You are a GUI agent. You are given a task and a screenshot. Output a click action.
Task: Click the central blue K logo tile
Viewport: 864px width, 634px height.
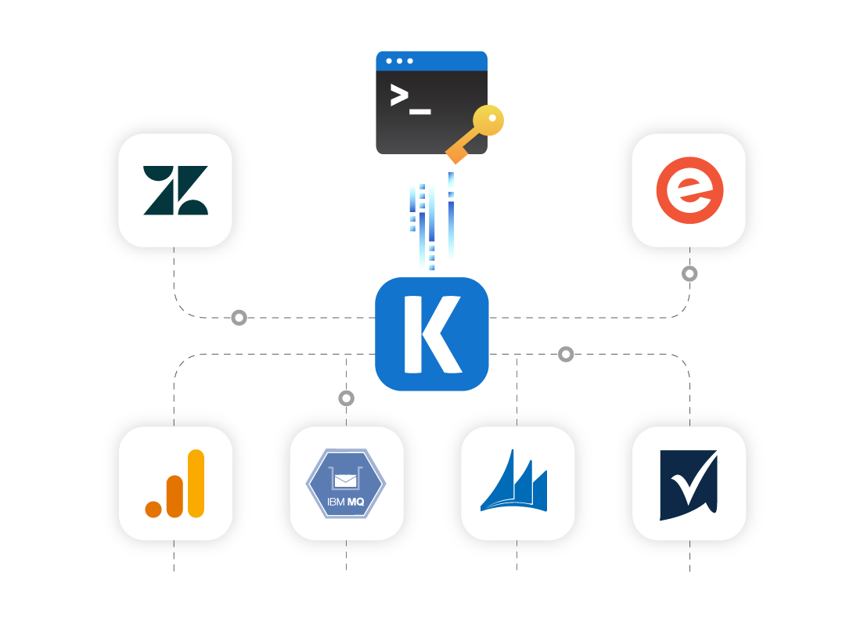[x=431, y=333]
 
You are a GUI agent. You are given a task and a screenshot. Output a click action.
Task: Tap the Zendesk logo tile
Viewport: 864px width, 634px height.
[x=175, y=190]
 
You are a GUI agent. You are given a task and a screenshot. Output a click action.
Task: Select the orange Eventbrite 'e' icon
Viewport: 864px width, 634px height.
[x=689, y=190]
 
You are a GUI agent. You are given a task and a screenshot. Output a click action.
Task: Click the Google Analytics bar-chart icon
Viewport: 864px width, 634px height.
[x=175, y=484]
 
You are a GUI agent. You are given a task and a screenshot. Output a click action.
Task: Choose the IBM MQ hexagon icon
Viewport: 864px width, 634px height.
[x=347, y=484]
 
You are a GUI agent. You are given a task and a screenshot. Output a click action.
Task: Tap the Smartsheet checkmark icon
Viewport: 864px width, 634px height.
[x=689, y=484]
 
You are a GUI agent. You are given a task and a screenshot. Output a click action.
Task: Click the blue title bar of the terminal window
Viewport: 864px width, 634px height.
[x=431, y=60]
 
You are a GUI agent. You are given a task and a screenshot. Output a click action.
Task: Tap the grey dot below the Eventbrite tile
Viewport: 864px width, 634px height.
[x=689, y=274]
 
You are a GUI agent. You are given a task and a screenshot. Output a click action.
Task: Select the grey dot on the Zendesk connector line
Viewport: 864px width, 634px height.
[x=239, y=318]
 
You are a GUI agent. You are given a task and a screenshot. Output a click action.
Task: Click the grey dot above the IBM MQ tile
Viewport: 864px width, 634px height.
[x=347, y=398]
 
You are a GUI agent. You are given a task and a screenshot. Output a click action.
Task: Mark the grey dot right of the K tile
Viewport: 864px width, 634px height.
[x=566, y=355]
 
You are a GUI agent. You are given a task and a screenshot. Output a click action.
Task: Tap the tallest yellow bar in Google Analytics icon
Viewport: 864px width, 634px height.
[x=196, y=483]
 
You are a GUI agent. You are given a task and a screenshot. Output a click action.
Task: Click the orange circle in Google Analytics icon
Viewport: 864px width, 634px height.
[x=153, y=509]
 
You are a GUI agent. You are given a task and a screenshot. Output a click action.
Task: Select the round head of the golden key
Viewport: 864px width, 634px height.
[x=490, y=121]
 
